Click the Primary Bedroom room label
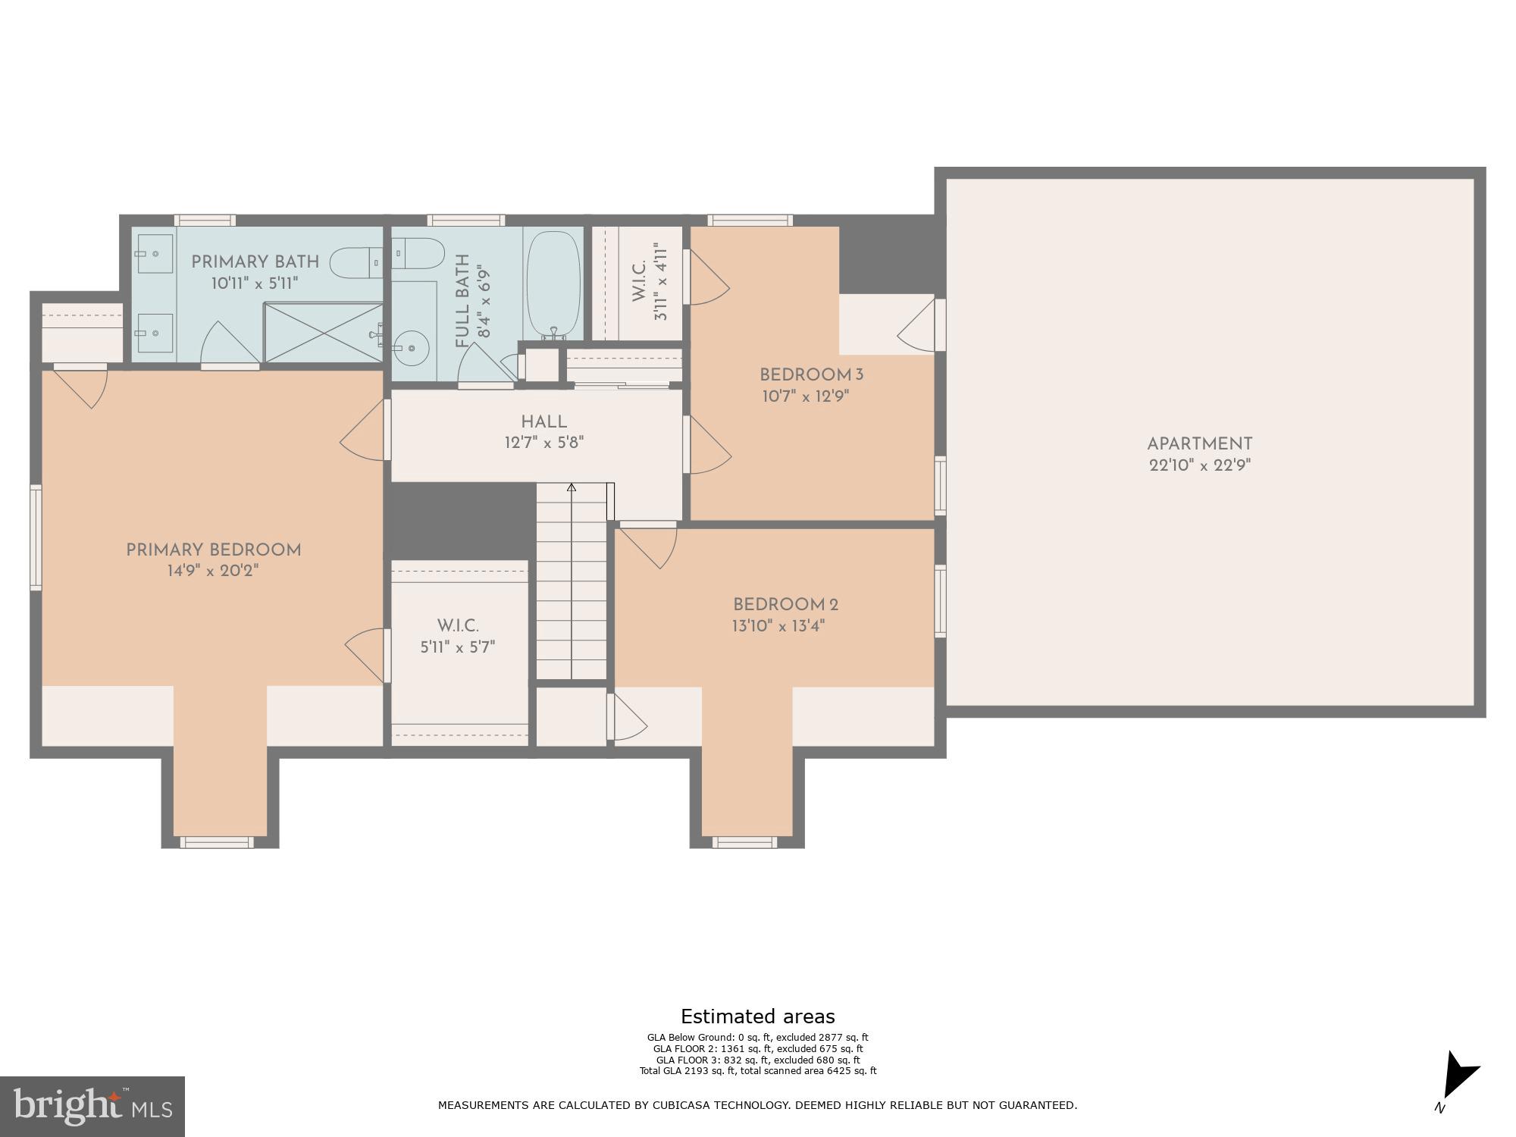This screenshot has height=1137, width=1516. tap(213, 550)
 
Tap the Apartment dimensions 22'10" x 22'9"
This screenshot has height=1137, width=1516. tap(1199, 465)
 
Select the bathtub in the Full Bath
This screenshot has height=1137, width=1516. tap(553, 284)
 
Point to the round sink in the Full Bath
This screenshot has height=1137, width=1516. tap(412, 348)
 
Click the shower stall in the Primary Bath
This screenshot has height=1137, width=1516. tap(323, 332)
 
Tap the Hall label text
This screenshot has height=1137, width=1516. tap(543, 422)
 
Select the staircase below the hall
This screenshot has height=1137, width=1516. tap(572, 584)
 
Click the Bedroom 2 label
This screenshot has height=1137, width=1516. tap(785, 605)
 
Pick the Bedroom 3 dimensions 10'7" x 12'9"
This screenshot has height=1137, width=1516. tap(805, 396)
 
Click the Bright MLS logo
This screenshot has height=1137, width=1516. tap(92, 1107)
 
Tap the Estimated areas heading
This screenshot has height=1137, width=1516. tap(757, 1016)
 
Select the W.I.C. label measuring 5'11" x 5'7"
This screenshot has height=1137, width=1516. tap(458, 637)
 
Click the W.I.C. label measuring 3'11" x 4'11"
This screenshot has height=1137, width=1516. tap(650, 282)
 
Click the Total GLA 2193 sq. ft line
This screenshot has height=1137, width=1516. tap(757, 1071)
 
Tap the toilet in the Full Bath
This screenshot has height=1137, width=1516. tap(419, 253)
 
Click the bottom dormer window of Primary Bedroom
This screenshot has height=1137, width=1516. tap(217, 842)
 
